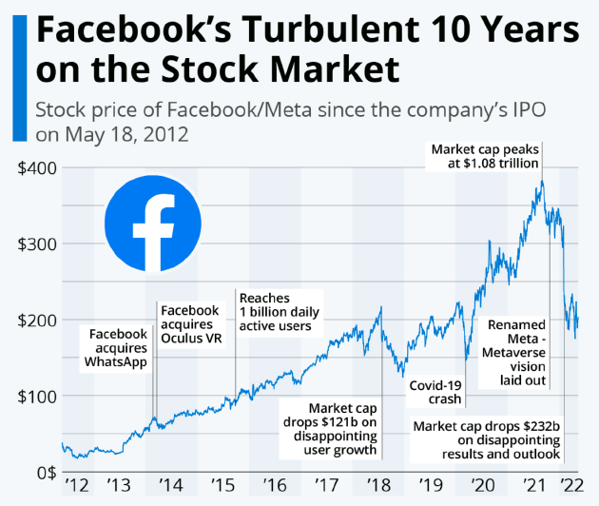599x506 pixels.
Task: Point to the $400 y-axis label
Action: (37, 167)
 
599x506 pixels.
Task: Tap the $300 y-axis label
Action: (37, 243)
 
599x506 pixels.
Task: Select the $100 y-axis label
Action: (37, 396)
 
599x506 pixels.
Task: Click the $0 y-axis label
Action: (46, 472)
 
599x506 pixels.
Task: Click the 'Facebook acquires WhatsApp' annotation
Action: (119, 349)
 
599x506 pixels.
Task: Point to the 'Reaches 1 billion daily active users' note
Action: (280, 313)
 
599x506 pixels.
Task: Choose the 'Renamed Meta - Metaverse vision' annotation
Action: (516, 353)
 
